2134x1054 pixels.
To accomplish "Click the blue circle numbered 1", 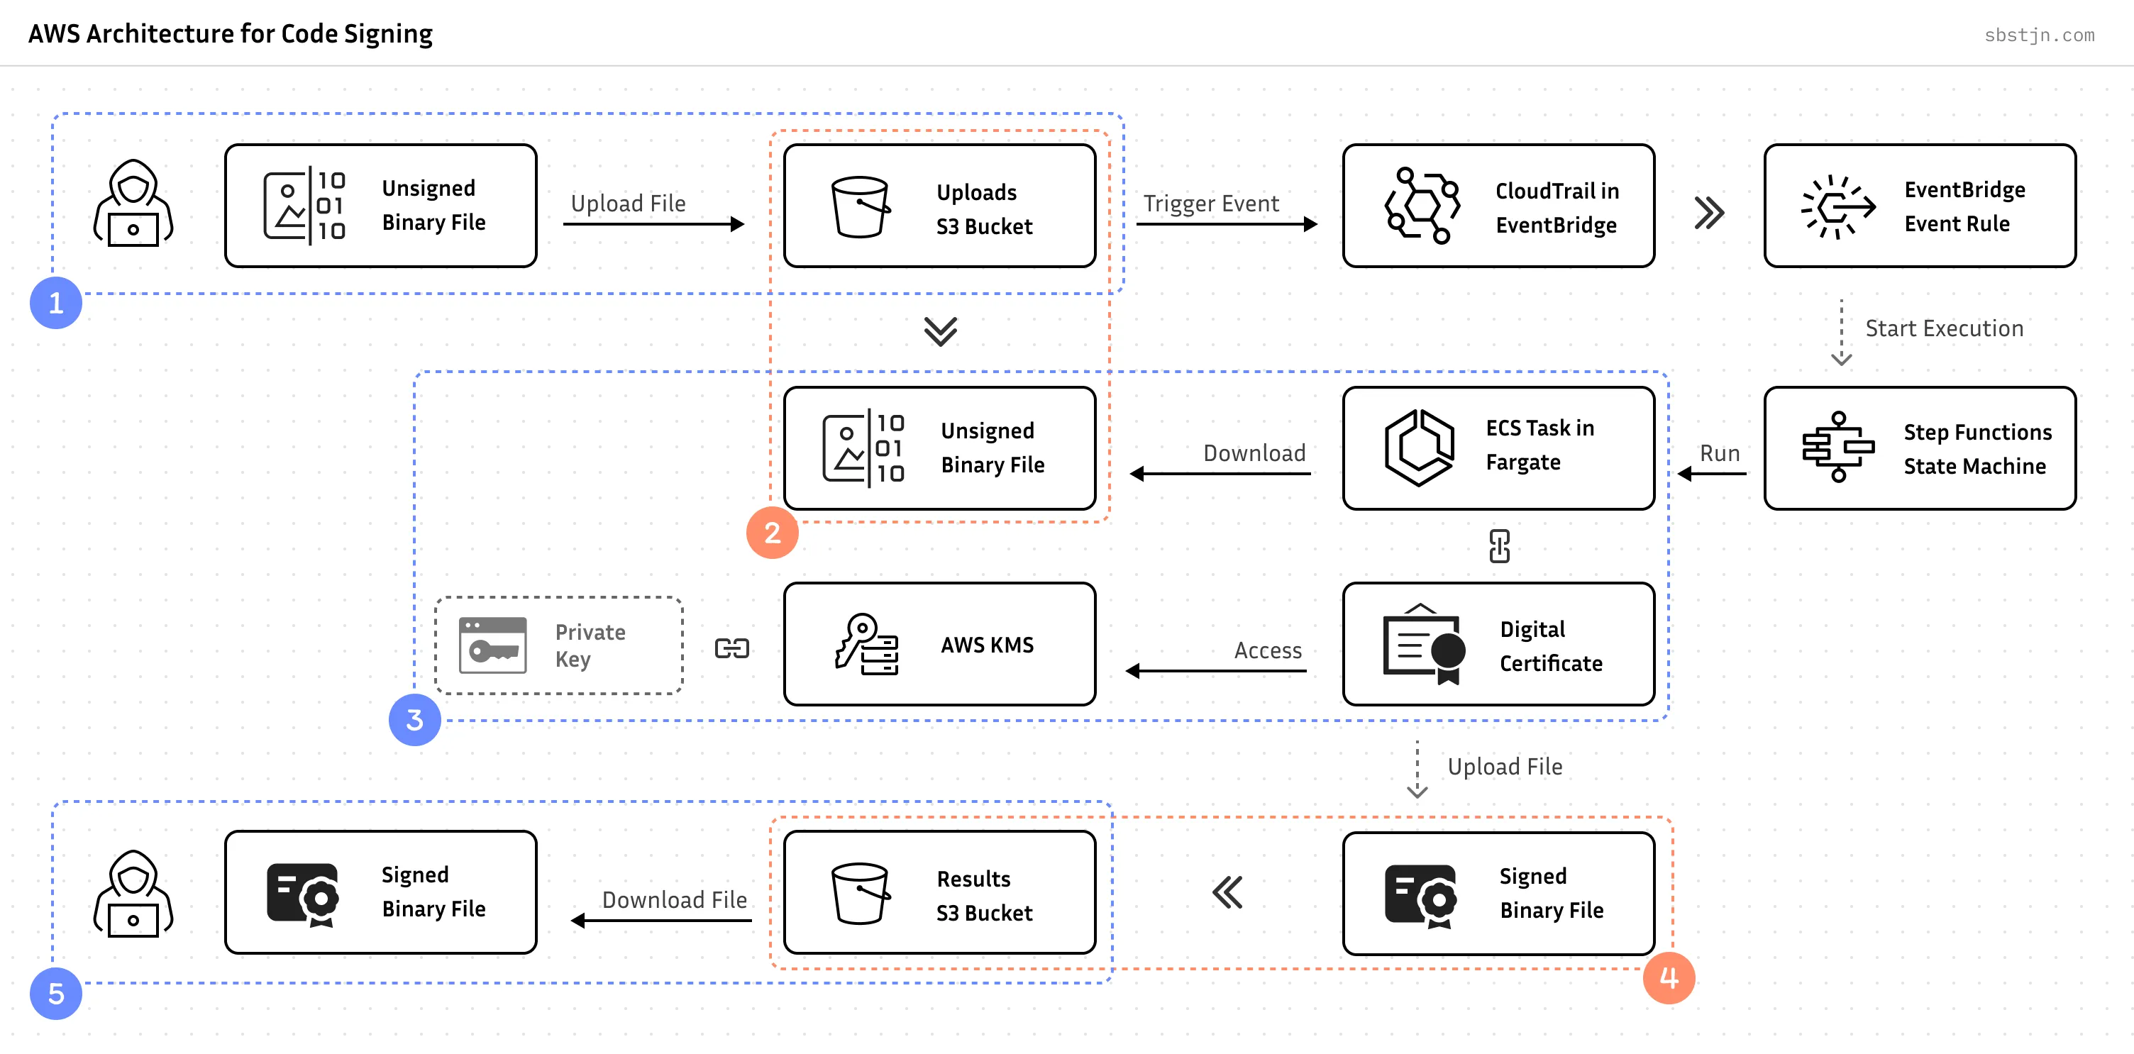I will coord(55,303).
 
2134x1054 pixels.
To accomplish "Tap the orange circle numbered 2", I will coord(772,533).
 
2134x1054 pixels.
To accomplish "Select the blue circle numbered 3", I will coord(414,719).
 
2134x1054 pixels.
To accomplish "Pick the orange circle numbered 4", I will coord(1669,978).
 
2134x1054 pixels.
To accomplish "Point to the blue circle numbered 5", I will coord(55,994).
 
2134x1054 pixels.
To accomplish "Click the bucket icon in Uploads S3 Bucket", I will coord(861,206).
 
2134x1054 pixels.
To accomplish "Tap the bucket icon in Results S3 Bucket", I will coord(861,894).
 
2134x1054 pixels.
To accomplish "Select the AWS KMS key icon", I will coord(866,644).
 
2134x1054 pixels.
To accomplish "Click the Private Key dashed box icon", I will coord(493,645).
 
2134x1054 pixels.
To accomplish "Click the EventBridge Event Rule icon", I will coord(1838,206).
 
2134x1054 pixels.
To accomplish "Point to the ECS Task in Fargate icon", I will coord(1419,448).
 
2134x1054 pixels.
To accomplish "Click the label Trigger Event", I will coord(1210,204).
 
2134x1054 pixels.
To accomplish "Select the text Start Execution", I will coord(1943,328).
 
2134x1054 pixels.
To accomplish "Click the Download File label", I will coord(675,900).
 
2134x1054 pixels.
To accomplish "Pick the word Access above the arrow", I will coord(1268,651).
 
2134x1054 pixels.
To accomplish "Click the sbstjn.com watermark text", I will coord(2039,35).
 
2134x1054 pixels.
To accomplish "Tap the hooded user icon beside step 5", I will coord(133,894).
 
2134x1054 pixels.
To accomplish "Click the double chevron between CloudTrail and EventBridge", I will coord(1709,213).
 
